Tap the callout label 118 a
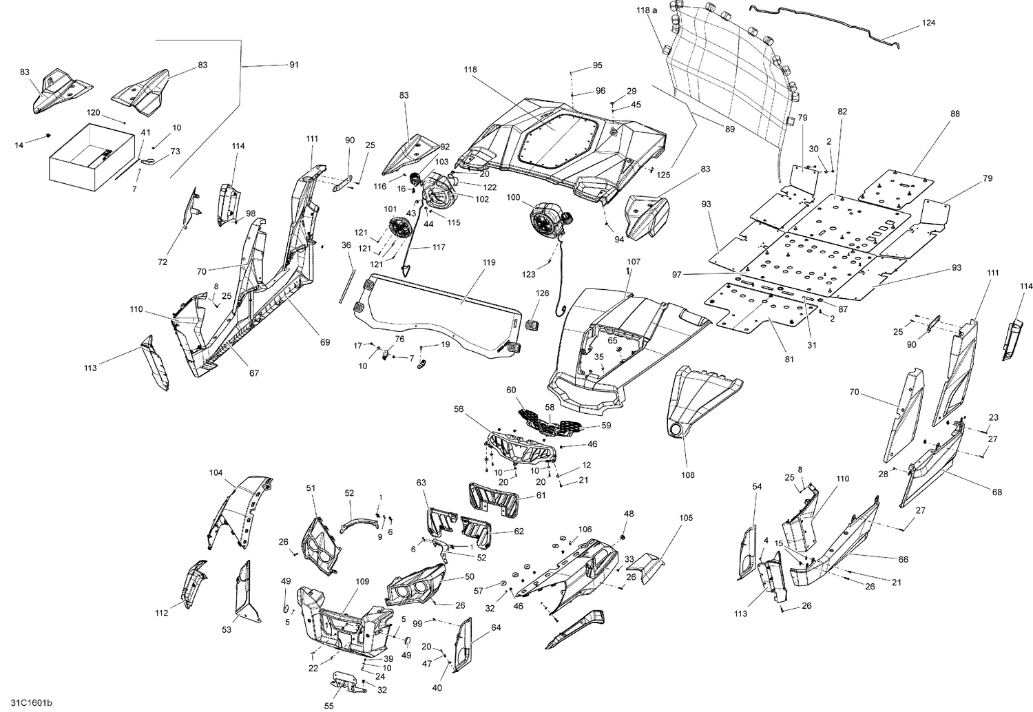(x=647, y=10)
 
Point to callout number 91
(x=293, y=65)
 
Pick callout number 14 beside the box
(x=19, y=145)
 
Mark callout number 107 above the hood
(x=634, y=262)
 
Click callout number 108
(x=688, y=475)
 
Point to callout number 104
(x=216, y=473)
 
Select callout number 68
(x=997, y=492)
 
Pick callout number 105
(x=686, y=517)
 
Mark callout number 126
(x=543, y=293)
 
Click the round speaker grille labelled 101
(x=399, y=228)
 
